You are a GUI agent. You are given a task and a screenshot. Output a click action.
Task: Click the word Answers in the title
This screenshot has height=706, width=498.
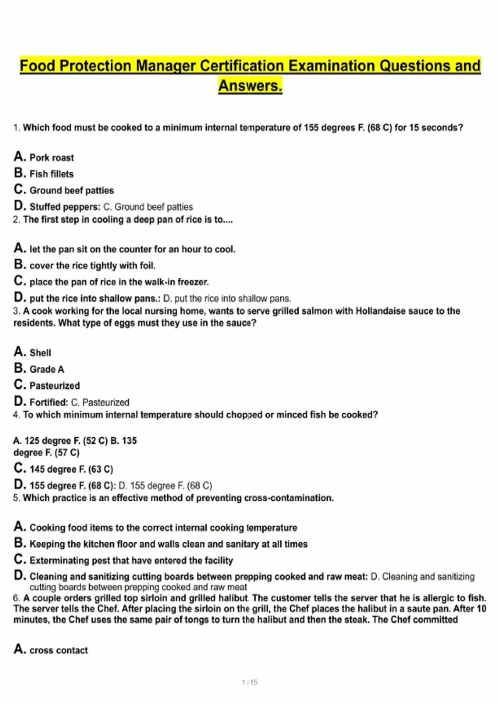pos(250,86)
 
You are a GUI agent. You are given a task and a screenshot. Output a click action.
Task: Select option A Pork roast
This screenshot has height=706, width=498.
pos(51,158)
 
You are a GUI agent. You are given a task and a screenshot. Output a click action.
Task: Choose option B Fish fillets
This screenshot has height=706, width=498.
pos(51,174)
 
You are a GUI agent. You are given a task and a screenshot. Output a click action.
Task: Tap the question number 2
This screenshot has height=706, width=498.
pos(16,220)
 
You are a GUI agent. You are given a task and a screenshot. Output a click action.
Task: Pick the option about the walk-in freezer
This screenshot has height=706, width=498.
pos(119,282)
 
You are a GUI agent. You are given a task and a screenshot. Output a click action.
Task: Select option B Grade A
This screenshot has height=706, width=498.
pos(46,369)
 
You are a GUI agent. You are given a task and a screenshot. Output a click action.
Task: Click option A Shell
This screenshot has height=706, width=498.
pos(40,353)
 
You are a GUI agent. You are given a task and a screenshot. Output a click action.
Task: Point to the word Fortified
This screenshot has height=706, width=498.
pos(48,402)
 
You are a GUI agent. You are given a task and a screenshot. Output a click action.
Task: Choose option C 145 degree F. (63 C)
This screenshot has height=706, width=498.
pos(71,469)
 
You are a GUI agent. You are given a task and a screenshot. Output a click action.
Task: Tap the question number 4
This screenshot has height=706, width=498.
pos(16,415)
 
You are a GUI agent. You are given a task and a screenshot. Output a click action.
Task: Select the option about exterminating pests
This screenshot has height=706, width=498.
pos(131,561)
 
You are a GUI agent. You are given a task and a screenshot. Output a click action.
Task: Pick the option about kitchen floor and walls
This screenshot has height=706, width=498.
pos(168,544)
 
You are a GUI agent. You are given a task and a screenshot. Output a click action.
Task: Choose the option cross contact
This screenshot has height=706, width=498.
pos(59,650)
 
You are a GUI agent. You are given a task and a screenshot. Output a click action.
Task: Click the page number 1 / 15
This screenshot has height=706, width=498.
pos(250,682)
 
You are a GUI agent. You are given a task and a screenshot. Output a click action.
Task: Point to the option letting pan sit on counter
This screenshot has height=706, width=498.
pos(132,249)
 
